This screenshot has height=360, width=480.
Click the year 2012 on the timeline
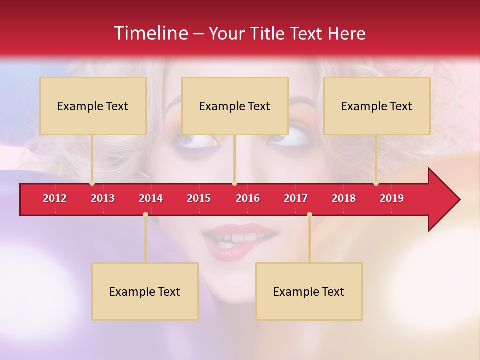coord(55,198)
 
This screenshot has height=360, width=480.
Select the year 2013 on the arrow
coord(103,198)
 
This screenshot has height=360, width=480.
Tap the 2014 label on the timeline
coord(151,198)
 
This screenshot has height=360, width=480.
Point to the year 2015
coord(199,198)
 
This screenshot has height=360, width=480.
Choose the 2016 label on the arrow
coord(248,198)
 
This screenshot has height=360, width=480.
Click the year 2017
coord(296,198)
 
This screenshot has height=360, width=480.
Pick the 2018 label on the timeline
coord(344,198)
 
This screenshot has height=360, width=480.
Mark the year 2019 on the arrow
coord(392,198)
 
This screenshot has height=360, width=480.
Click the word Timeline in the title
coord(150,33)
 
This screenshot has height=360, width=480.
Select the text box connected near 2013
coord(93,106)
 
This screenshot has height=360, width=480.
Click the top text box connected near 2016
coord(235,106)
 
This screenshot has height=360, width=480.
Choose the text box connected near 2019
coord(377,106)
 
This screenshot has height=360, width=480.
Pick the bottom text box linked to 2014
coord(145,291)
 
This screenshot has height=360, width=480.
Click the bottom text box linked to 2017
coord(309,291)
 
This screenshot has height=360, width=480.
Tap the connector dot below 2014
coord(145,214)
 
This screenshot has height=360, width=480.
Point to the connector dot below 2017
coord(309,214)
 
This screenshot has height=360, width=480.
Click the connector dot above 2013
coord(92,183)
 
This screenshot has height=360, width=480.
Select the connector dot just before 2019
coord(376,183)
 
